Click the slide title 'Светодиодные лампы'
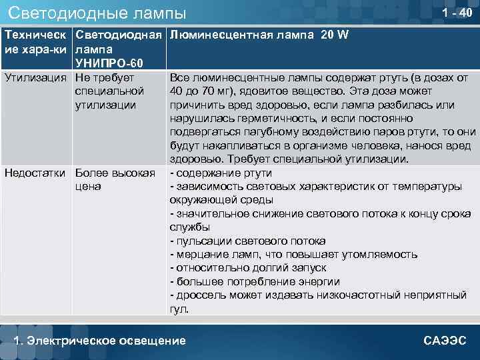tap(97, 13)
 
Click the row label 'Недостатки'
tap(36, 173)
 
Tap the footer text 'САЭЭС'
tap(445, 341)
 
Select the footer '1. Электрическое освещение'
tap(100, 341)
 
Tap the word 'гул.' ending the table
tap(179, 309)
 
